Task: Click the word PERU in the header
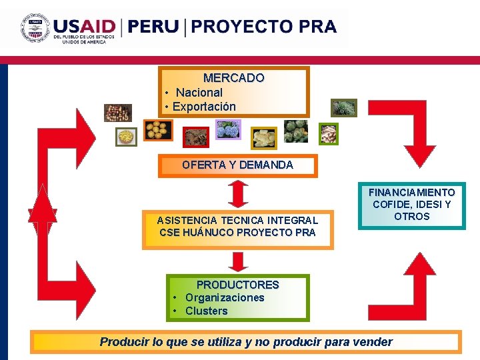click(x=153, y=27)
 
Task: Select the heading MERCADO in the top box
click(x=233, y=78)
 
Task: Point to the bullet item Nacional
click(x=199, y=93)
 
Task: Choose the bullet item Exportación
click(x=204, y=107)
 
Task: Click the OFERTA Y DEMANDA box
click(x=237, y=165)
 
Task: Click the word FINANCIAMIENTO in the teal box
click(x=411, y=192)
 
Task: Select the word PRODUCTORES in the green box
click(x=237, y=285)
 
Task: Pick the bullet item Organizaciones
click(x=225, y=298)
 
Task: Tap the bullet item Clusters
click(x=206, y=311)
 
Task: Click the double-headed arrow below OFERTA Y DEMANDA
click(x=238, y=194)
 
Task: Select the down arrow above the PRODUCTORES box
click(x=238, y=261)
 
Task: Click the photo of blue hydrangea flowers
click(x=227, y=129)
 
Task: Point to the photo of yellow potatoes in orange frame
click(x=158, y=129)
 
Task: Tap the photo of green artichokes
click(x=295, y=131)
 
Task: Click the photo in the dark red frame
click(x=195, y=137)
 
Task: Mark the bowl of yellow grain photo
click(x=126, y=137)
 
